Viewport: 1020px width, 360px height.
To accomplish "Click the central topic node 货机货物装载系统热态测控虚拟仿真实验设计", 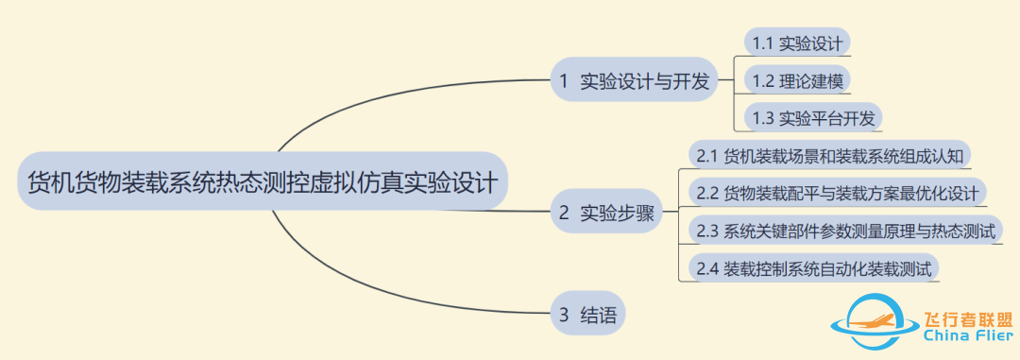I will (263, 181).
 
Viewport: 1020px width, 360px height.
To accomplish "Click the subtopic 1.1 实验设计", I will (797, 43).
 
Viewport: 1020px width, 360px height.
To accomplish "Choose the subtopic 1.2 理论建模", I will (797, 80).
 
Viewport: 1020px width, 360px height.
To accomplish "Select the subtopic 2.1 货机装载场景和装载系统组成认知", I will (828, 154).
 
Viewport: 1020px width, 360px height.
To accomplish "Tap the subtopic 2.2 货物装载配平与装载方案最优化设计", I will (837, 193).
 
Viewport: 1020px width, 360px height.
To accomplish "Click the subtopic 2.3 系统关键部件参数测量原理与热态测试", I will (844, 231).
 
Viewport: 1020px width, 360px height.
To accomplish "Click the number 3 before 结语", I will (564, 316).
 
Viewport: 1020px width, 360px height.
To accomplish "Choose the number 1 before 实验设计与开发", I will (564, 81).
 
